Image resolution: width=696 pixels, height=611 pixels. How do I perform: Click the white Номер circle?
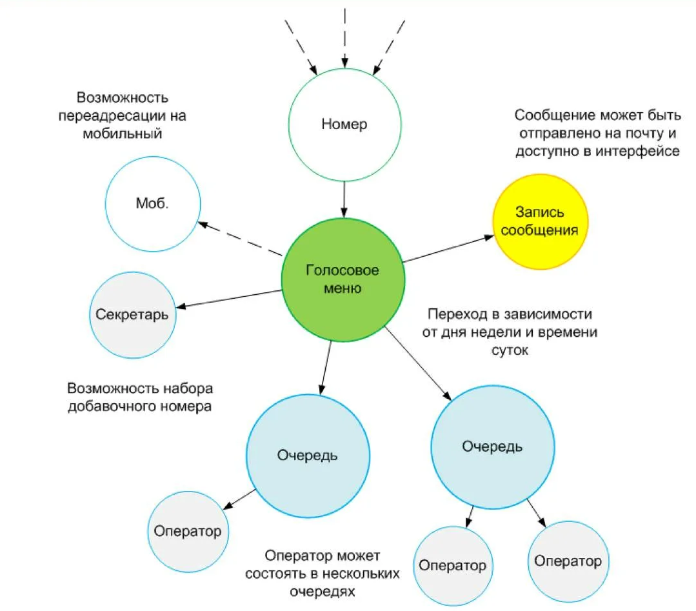click(344, 124)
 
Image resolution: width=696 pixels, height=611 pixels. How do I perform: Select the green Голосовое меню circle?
click(343, 279)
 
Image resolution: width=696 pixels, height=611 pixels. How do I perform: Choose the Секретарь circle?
click(132, 315)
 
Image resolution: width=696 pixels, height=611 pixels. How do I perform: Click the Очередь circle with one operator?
click(308, 456)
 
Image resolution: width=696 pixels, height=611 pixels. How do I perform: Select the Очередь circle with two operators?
click(492, 446)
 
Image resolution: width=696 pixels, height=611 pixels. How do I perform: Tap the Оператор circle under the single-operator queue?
click(188, 532)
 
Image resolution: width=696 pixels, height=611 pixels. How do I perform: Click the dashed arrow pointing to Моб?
click(240, 239)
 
